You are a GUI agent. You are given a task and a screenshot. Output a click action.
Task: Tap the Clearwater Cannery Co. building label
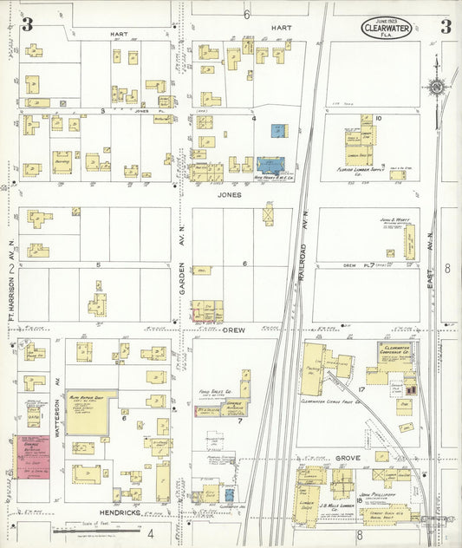[x=398, y=350]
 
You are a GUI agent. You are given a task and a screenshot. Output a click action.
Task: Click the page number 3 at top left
[x=27, y=24]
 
